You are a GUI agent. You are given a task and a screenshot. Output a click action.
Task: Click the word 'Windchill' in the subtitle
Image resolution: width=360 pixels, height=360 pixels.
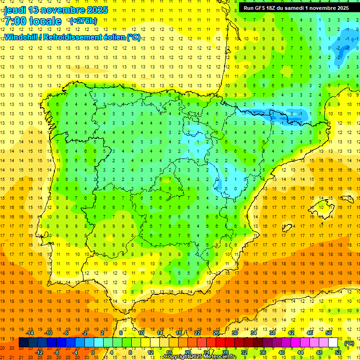[x=20, y=37]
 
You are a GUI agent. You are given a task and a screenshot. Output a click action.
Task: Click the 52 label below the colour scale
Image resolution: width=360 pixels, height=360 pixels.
[x=338, y=352]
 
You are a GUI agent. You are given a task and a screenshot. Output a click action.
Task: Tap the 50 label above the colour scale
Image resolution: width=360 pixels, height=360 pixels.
[x=329, y=333]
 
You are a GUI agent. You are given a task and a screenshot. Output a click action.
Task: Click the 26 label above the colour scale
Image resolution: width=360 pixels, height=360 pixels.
[x=216, y=333]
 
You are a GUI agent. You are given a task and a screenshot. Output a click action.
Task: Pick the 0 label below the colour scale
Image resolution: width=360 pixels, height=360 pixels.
[x=93, y=352]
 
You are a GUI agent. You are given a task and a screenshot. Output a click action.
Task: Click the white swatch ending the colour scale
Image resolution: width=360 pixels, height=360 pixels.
[x=333, y=343]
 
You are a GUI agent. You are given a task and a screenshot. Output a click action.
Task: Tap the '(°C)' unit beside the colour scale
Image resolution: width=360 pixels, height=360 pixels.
[x=349, y=343]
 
